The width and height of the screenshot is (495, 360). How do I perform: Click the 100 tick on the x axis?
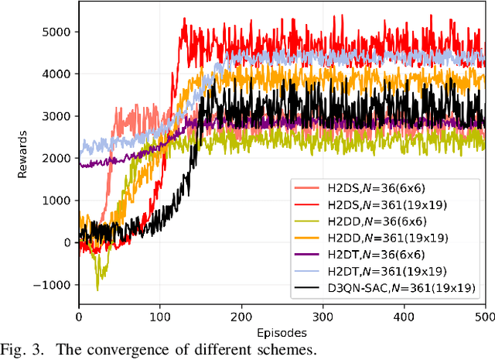[x=160, y=317]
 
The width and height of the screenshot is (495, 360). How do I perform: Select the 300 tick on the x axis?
[x=323, y=317]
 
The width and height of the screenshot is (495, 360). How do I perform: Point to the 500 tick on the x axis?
[x=485, y=317]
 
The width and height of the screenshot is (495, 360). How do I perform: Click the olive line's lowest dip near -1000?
[x=97, y=290]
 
